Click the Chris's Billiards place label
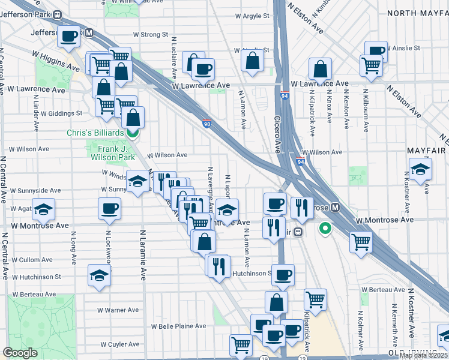coord(95,133)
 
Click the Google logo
coord(20,352)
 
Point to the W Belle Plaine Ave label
coord(178,326)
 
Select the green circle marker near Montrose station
coord(326,228)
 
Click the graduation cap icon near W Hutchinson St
coord(99,275)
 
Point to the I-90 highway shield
coord(206,122)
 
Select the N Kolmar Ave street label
coord(360,329)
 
